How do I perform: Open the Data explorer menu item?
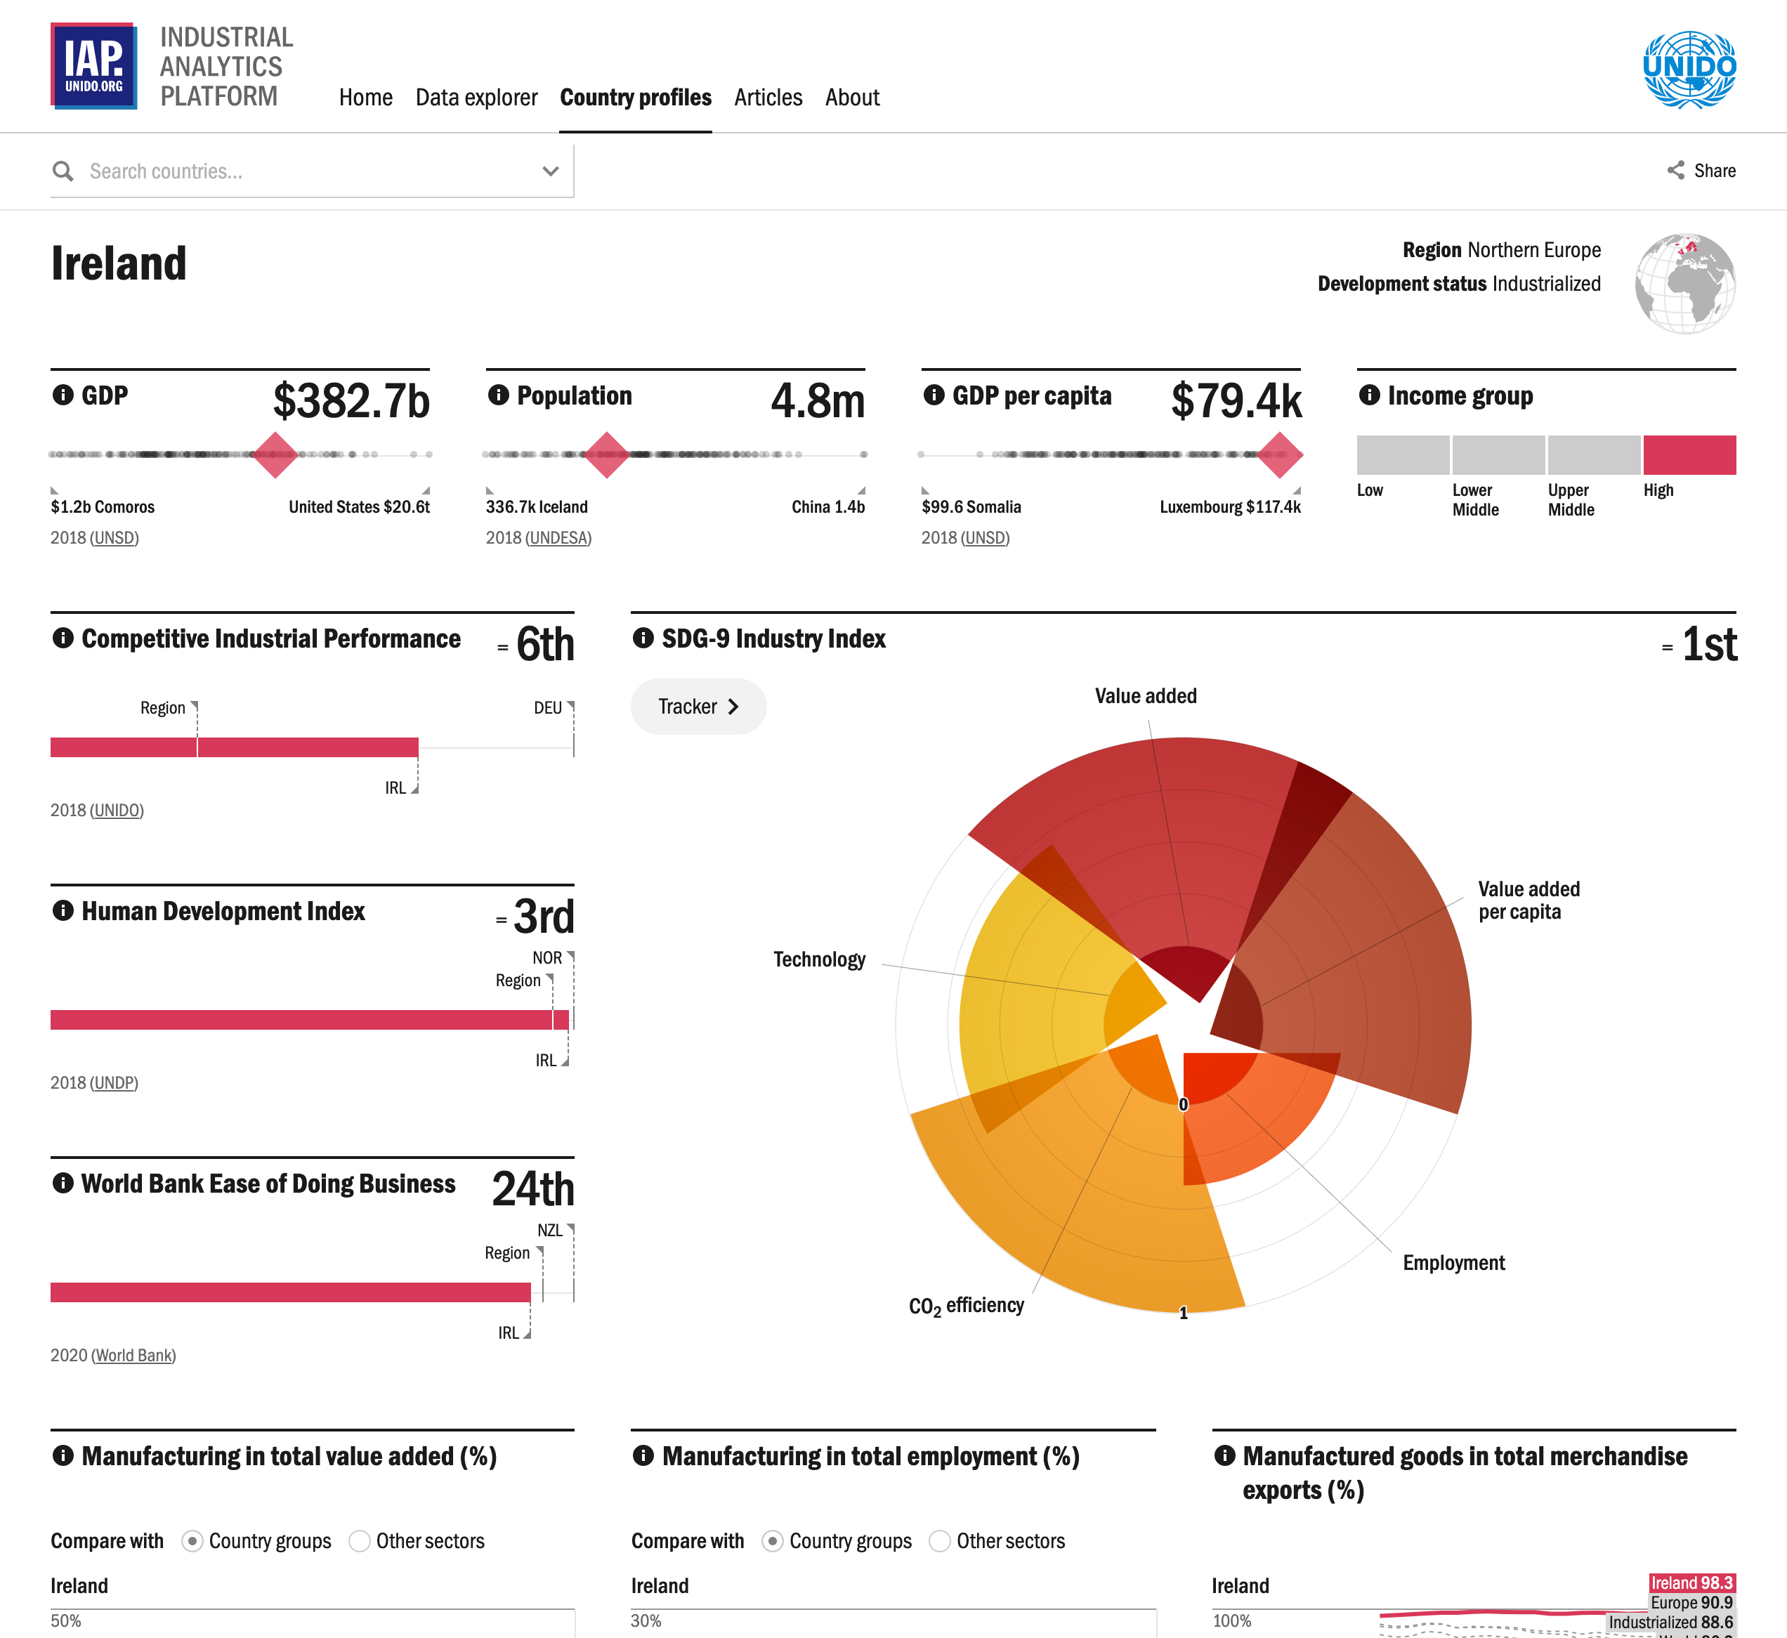[476, 98]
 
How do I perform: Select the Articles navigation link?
[768, 98]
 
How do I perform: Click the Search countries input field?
[301, 171]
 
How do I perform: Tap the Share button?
[1701, 170]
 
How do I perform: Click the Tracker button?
[698, 707]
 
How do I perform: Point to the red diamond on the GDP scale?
[275, 454]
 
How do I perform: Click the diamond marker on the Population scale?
[607, 454]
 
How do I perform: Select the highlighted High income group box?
[1689, 454]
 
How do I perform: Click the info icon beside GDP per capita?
[934, 395]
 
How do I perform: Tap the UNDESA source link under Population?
[558, 538]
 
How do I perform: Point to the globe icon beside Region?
[1684, 284]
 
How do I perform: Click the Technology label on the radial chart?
[819, 960]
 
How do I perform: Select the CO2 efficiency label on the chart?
[966, 1306]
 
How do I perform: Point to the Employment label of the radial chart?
[1454, 1263]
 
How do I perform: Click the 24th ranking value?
[532, 1188]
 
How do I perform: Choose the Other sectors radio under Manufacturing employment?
[940, 1541]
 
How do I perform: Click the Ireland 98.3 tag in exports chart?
[1691, 1583]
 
